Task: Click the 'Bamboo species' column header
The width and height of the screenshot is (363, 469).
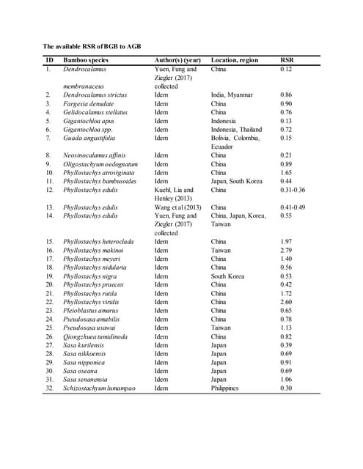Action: coord(87,60)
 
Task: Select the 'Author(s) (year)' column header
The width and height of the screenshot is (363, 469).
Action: coord(177,60)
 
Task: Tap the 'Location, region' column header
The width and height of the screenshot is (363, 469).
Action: coord(234,60)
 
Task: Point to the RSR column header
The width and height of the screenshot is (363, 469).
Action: coord(288,60)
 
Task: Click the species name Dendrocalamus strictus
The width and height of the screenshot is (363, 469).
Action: coord(95,95)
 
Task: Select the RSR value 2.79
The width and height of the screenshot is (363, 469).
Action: coord(287,250)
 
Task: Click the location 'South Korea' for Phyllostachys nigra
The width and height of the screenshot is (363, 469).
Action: coord(230,276)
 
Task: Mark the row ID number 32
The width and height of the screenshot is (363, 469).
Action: coord(49,388)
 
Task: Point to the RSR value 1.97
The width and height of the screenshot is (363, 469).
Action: coord(287,241)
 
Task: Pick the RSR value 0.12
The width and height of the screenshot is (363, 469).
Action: coord(287,69)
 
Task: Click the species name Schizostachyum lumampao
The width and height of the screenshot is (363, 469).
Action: coord(99,388)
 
